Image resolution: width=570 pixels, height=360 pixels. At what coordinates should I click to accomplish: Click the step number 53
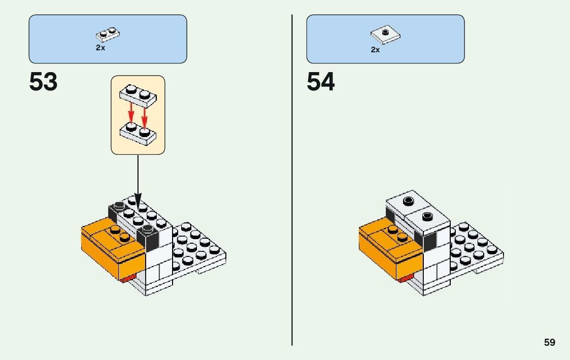click(44, 82)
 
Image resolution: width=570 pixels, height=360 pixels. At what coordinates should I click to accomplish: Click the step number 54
click(321, 82)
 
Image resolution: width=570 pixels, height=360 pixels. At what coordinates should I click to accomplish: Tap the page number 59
click(550, 342)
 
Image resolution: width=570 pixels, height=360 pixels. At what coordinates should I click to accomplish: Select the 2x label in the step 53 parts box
click(100, 48)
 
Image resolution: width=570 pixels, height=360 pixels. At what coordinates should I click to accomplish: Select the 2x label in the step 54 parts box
click(375, 50)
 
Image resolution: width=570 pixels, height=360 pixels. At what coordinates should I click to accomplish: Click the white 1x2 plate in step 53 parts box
click(108, 34)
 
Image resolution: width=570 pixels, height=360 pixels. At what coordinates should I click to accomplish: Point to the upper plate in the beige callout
click(138, 95)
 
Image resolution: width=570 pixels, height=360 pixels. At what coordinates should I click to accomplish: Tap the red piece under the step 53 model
click(127, 278)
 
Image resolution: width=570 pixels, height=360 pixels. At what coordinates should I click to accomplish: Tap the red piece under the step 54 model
click(406, 279)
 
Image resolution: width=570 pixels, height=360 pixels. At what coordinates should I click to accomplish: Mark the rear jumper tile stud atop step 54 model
click(407, 201)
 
